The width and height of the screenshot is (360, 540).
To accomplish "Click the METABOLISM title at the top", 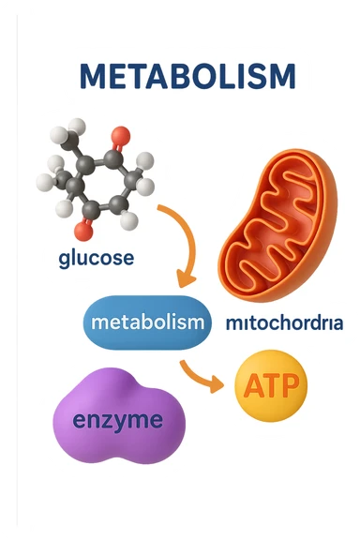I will [187, 76].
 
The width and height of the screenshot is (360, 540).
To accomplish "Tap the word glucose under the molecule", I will [96, 257].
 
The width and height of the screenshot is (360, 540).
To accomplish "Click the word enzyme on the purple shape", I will [118, 420].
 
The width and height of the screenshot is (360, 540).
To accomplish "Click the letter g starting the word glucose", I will [64, 259].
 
